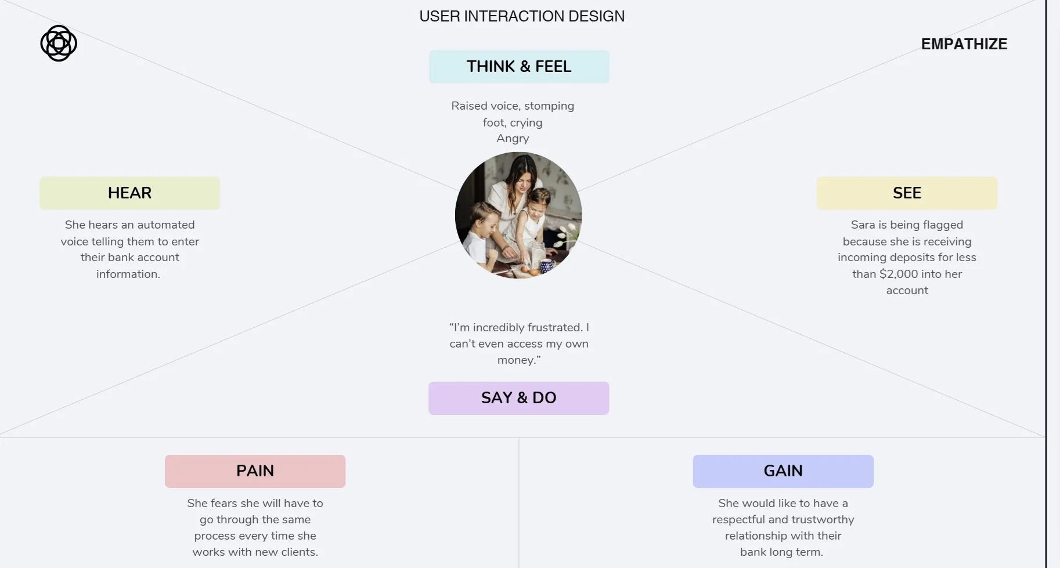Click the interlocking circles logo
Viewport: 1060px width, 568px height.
point(59,44)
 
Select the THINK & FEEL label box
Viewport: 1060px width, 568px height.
point(519,67)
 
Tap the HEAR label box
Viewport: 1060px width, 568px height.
point(129,193)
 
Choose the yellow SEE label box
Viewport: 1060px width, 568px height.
point(907,193)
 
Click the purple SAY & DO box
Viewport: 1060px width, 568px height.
point(518,398)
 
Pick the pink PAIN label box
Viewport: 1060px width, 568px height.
point(255,471)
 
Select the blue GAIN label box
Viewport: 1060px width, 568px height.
point(783,471)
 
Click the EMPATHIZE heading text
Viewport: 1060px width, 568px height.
point(964,44)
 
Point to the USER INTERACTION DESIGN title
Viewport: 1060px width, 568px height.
point(522,16)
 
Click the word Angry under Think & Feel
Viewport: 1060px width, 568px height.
point(513,139)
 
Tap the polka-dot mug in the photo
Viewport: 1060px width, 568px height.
point(546,266)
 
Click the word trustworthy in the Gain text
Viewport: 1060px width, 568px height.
point(823,520)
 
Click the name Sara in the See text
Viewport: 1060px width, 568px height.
point(863,225)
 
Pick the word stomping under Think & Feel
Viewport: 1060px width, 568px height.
point(549,106)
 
